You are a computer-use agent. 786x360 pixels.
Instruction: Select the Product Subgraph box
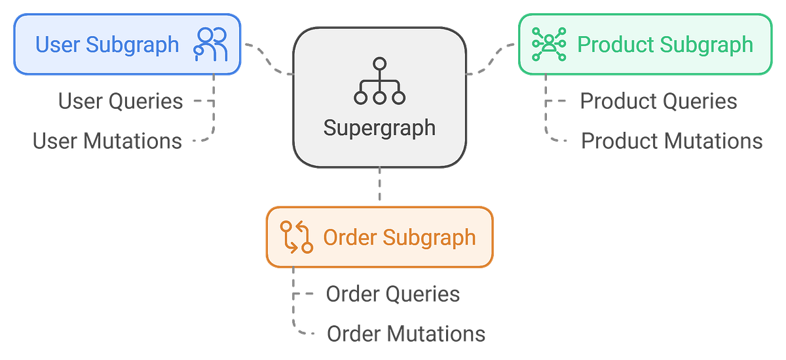[x=645, y=44]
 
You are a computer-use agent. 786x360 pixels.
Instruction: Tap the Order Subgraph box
[x=379, y=237]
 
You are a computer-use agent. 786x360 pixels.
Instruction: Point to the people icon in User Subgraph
[x=210, y=45]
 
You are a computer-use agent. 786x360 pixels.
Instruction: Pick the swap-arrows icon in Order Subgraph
[x=296, y=237]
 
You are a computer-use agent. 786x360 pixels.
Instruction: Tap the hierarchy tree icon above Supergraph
[x=379, y=81]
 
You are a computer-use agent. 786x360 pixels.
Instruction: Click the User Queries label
[x=120, y=102]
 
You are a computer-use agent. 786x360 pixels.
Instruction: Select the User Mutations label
[x=107, y=140]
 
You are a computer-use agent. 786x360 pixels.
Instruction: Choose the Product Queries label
[x=658, y=102]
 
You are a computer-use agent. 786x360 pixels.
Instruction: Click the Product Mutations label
[x=671, y=140]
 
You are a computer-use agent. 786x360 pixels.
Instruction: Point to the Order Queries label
[x=393, y=294]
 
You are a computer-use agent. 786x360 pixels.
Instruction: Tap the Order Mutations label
[x=406, y=333]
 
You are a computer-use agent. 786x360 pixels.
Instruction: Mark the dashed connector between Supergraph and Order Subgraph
[x=379, y=186]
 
